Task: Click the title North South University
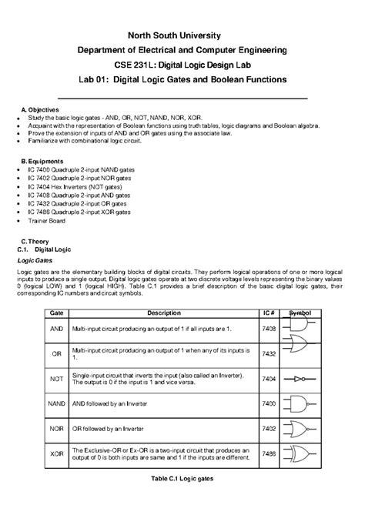tap(182, 35)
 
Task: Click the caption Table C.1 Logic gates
tap(182, 478)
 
